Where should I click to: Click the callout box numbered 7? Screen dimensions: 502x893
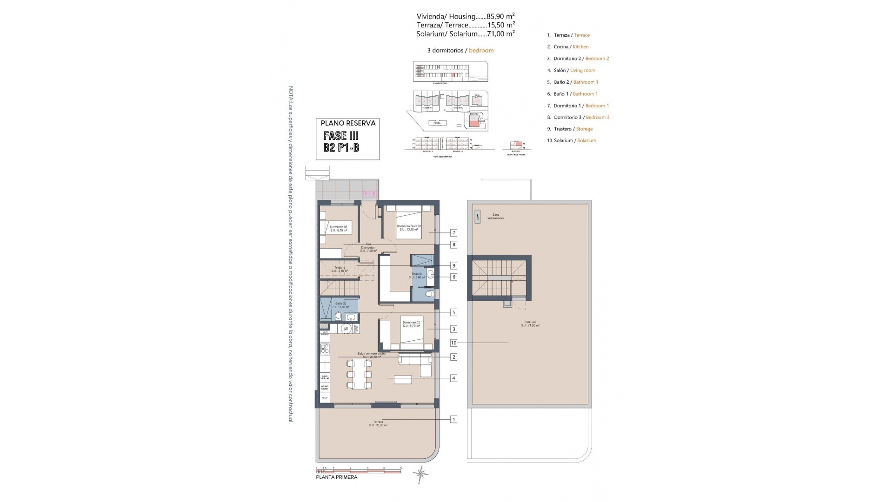[x=453, y=233]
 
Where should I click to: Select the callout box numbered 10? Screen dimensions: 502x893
[x=453, y=343]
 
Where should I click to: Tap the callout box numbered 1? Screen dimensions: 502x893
[x=453, y=419]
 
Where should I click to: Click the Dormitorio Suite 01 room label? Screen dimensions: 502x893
[x=409, y=228]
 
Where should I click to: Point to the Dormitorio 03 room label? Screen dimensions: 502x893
[x=339, y=229]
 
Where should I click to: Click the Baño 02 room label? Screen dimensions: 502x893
[x=340, y=305]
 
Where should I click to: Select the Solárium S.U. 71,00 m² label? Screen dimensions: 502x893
[x=530, y=324]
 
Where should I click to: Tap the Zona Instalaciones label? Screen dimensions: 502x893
[x=496, y=217]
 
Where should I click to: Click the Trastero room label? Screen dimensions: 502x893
[x=340, y=269]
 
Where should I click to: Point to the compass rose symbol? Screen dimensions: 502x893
[x=420, y=474]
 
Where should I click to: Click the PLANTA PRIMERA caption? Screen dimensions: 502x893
[x=337, y=477]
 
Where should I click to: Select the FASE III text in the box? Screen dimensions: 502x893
[x=341, y=136]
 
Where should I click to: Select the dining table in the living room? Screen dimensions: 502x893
[x=359, y=375]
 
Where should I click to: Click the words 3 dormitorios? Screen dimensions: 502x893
[x=445, y=51]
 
